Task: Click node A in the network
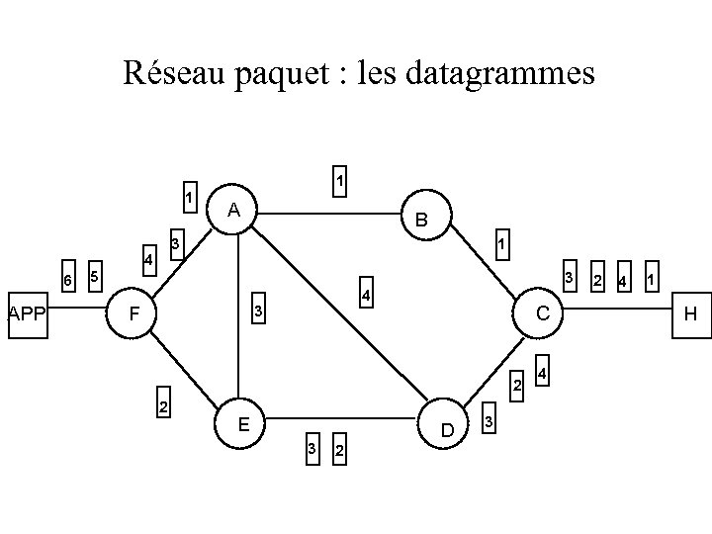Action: (232, 210)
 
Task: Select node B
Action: (422, 219)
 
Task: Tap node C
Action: (542, 313)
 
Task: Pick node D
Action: (447, 430)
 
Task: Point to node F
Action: (134, 315)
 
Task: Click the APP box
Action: (28, 314)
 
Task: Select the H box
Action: (690, 314)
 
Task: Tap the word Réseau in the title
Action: (172, 73)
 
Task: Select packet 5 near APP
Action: (93, 275)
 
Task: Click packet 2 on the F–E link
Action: (163, 406)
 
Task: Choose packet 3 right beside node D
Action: (488, 422)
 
